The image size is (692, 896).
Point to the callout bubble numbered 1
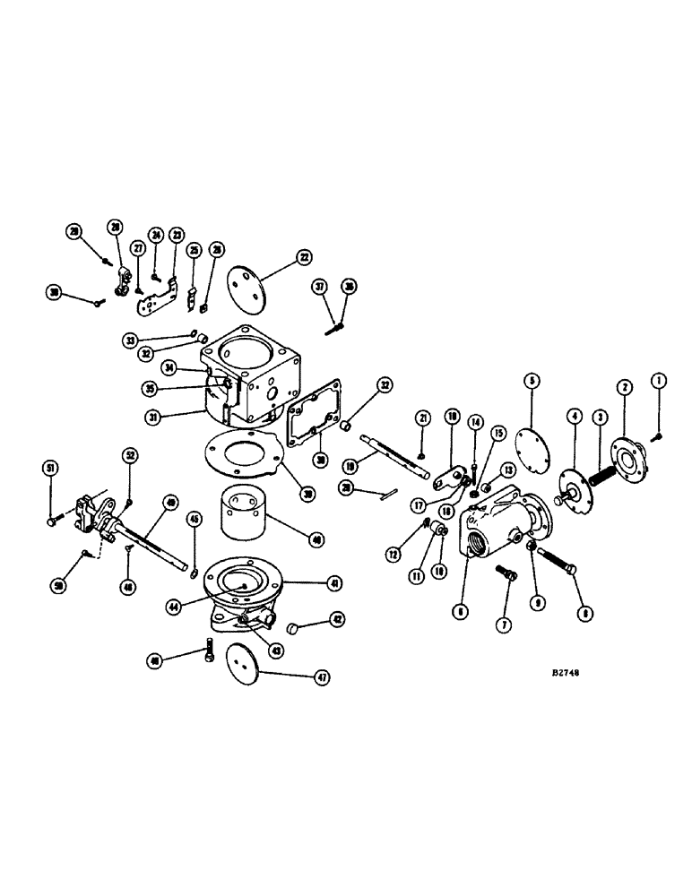660,381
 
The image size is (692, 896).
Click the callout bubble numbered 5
532,381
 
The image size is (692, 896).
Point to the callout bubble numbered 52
131,456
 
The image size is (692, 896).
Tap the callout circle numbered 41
335,582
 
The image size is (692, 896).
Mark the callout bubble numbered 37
318,286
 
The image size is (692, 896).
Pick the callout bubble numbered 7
504,623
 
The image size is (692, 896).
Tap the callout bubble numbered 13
508,470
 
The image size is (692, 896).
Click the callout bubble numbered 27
138,247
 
